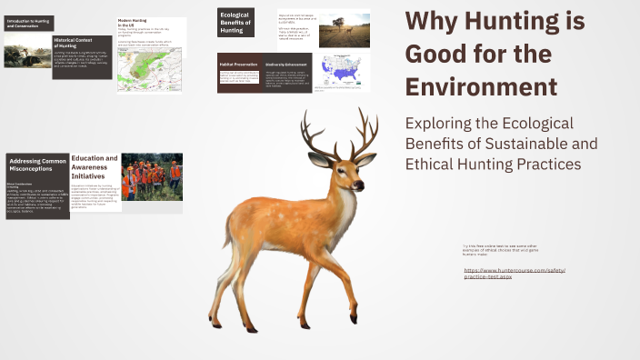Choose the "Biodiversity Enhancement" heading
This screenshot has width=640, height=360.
point(289,65)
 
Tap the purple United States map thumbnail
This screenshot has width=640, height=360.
point(342,70)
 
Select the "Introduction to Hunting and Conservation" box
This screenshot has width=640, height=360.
point(28,23)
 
